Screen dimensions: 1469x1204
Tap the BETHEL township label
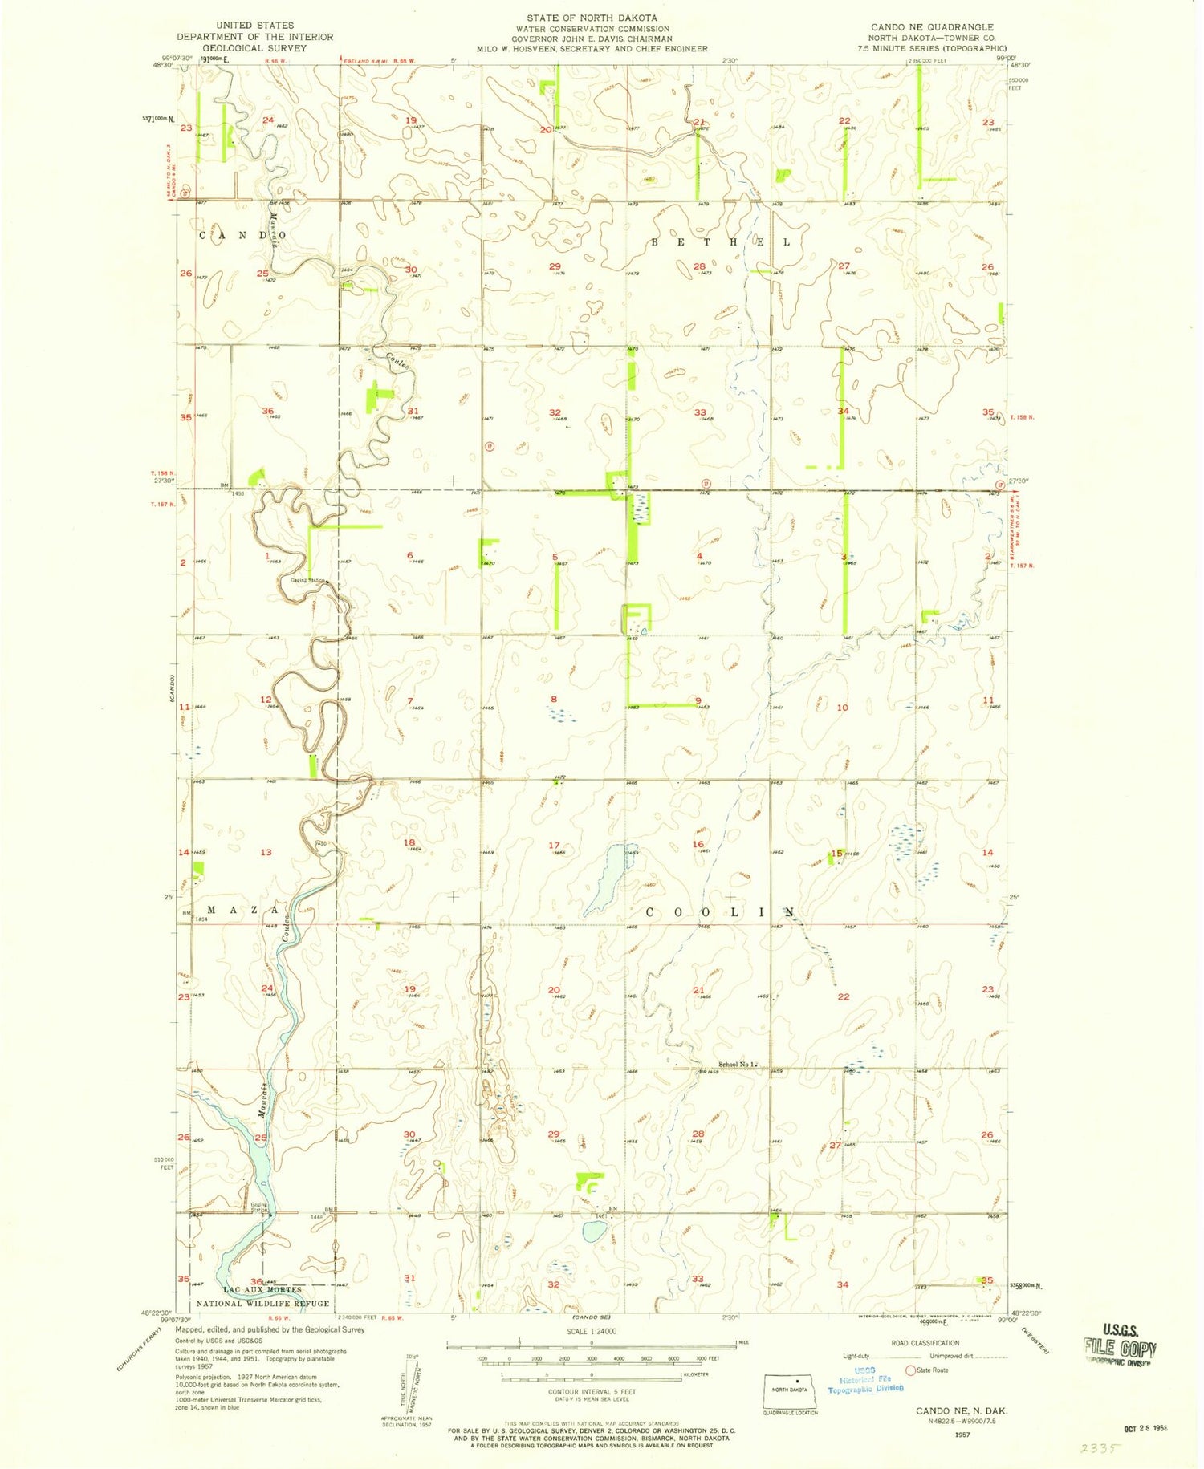pos(720,242)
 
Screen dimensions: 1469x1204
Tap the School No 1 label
pos(737,1065)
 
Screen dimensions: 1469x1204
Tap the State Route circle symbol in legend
pos(910,1370)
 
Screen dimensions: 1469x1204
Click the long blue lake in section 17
pos(609,879)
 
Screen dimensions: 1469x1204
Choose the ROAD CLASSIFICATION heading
pos(925,1343)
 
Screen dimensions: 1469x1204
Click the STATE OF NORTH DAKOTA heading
pos(592,18)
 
